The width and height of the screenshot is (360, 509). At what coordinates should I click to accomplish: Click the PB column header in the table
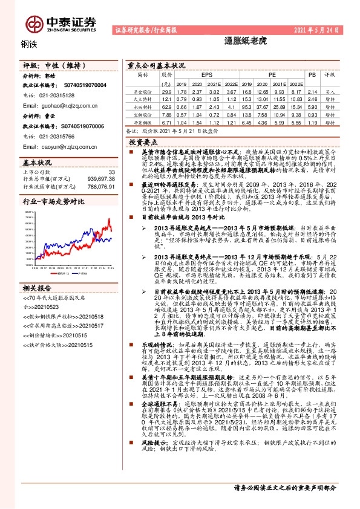pos(312,75)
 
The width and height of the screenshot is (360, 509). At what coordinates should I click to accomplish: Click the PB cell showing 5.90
pos(312,105)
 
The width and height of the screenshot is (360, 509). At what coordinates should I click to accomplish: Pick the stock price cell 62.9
pos(167,105)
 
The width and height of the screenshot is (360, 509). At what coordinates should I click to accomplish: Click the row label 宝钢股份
pos(143,113)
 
